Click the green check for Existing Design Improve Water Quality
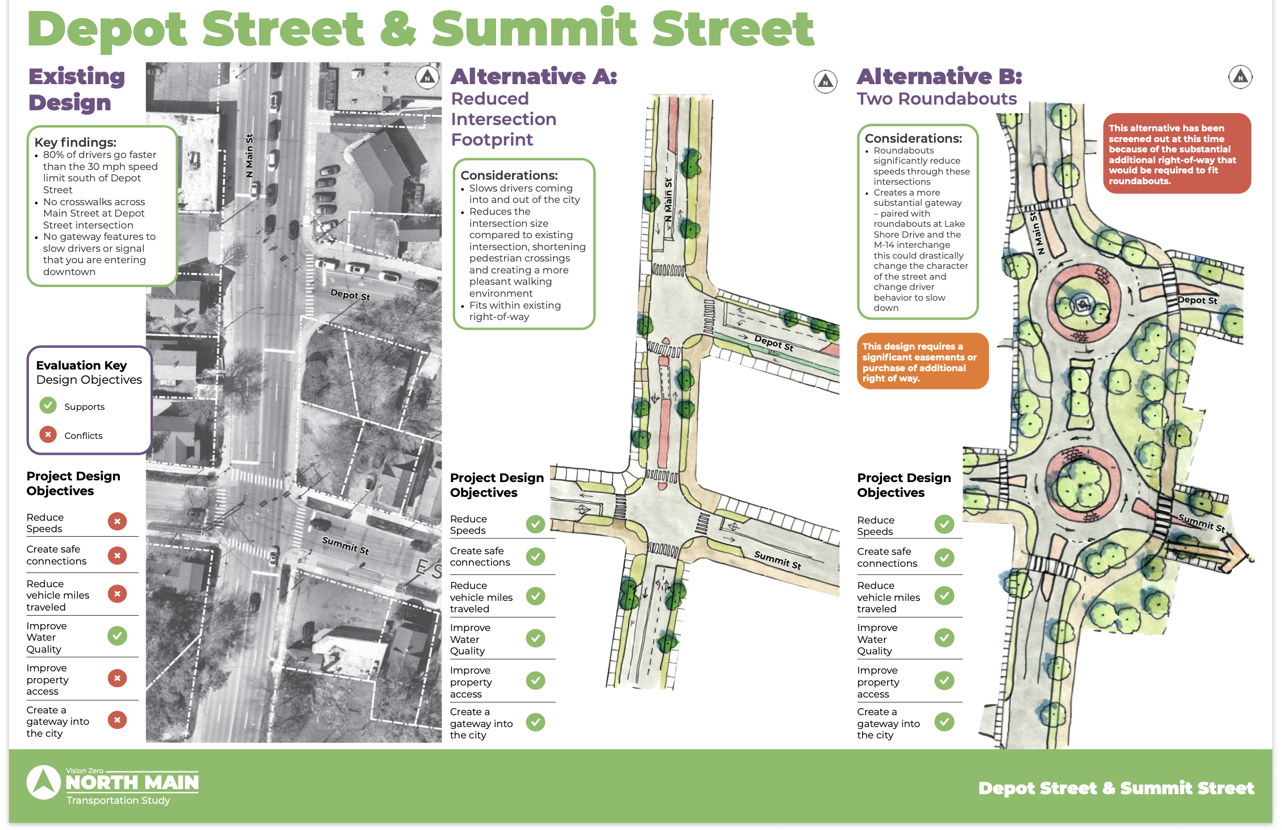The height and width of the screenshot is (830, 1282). point(117,636)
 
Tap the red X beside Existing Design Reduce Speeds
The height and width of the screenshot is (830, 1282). point(117,521)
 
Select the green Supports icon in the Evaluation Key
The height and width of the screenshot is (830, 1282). point(48,405)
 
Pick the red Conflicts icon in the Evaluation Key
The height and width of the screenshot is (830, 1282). point(48,434)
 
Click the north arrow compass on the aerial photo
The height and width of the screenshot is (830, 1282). point(427,77)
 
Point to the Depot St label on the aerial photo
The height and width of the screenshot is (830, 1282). point(350,294)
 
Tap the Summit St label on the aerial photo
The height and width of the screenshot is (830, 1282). point(346,545)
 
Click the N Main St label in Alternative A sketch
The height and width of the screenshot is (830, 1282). point(669,200)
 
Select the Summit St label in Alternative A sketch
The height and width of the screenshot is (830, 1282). point(777,559)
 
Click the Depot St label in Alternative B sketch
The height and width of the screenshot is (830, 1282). point(1197,300)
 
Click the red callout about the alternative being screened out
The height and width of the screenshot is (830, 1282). point(1177,154)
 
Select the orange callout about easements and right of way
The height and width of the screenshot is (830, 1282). point(922,362)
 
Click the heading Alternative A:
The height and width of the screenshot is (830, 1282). point(534,76)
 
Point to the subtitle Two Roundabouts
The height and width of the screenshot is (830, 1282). point(936,99)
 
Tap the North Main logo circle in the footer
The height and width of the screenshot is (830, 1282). point(44,782)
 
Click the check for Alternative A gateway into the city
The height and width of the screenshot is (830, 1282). point(535,722)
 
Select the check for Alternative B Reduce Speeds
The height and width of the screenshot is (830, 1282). point(944,524)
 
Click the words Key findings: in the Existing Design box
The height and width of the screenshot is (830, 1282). point(75,142)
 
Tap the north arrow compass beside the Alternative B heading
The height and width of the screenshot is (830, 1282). point(1240,77)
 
